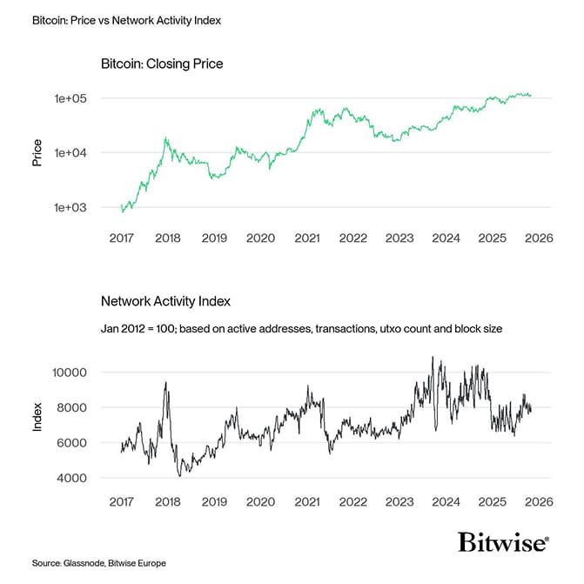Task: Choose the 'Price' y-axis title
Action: (x=37, y=152)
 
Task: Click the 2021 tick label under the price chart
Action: (x=305, y=238)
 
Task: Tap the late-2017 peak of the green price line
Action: (x=165, y=138)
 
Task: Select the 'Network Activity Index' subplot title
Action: (x=165, y=301)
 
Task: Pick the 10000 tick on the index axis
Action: (x=67, y=373)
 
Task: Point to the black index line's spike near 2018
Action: (x=165, y=383)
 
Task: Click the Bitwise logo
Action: (x=503, y=543)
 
